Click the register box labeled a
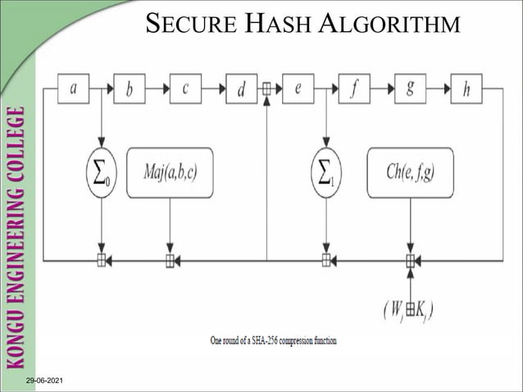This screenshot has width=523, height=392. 73,89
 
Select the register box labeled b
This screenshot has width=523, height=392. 129,89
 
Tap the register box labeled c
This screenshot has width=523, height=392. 185,89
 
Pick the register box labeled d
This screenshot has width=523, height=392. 241,89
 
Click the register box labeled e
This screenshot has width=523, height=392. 298,89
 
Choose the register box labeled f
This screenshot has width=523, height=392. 353,89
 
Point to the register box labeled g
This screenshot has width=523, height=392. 410,89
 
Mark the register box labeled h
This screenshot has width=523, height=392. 466,89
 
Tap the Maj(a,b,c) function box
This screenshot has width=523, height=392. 170,172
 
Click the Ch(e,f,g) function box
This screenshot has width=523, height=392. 410,172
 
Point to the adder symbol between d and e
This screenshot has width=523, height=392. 267,89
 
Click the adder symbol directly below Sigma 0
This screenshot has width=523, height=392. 102,261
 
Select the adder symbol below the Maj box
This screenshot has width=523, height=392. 170,261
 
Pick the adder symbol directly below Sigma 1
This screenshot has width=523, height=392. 326,261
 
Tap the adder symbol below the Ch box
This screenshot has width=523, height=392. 410,261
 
